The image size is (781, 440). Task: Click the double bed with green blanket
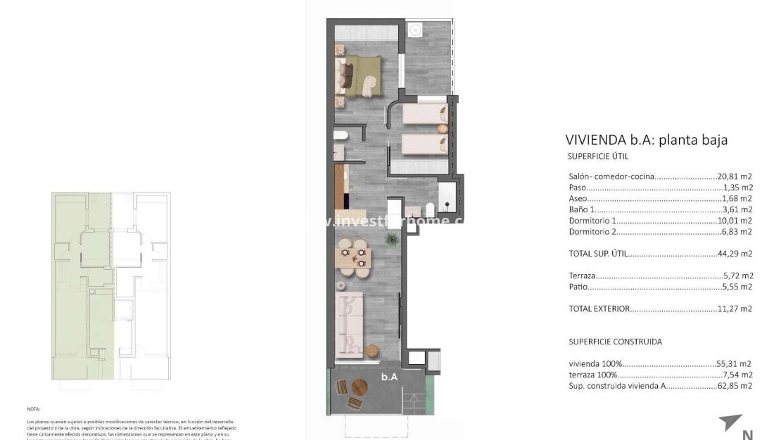click(362, 74)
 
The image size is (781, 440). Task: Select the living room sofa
click(350, 324)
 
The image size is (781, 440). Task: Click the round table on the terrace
click(360, 387)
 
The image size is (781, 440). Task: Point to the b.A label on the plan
click(389, 377)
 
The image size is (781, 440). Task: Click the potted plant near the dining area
click(390, 240)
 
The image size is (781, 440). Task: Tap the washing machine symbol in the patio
click(416, 30)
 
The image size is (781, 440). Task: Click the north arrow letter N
click(747, 434)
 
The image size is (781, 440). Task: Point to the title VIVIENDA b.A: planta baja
click(647, 140)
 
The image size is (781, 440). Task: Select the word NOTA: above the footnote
click(34, 408)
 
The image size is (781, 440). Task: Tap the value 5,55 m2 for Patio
click(738, 287)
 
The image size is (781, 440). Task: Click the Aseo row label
click(577, 199)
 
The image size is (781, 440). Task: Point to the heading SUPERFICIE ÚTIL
click(597, 156)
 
